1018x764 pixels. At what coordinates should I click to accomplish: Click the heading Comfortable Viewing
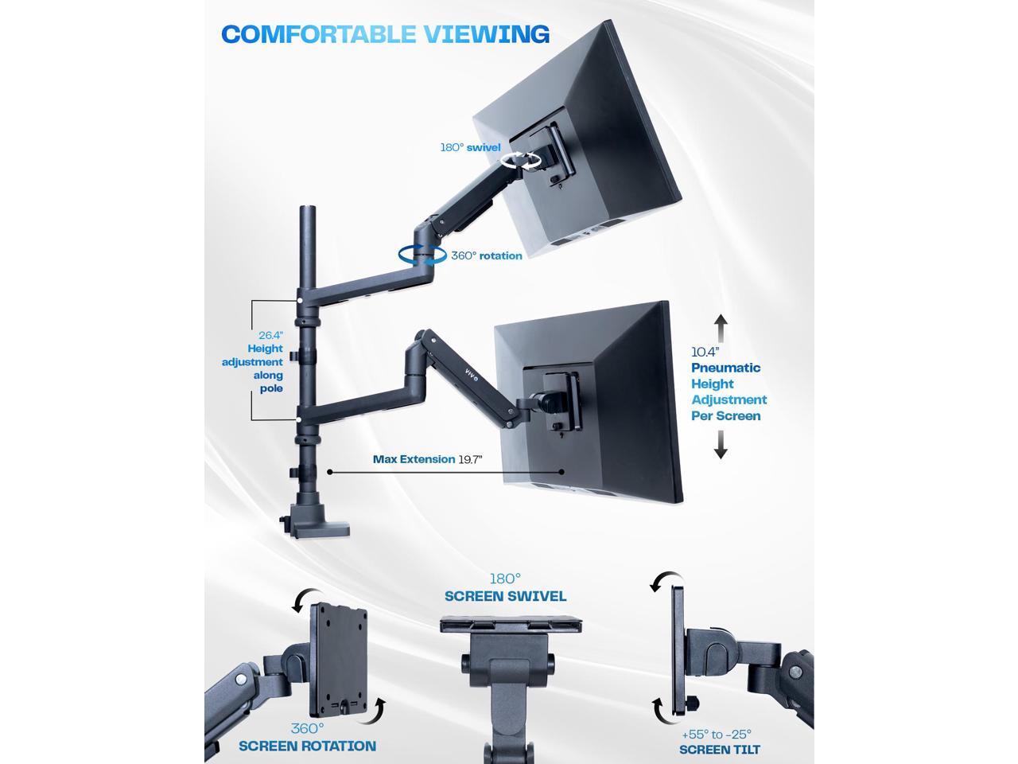point(385,34)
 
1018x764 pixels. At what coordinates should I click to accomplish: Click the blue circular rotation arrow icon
point(422,255)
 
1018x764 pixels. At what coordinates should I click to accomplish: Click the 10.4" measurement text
point(705,351)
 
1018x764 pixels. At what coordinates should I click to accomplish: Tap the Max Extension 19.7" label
point(427,459)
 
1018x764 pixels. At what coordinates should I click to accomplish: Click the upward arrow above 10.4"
point(721,327)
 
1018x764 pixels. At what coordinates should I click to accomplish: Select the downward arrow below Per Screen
point(721,445)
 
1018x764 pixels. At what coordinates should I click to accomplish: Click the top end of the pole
point(305,211)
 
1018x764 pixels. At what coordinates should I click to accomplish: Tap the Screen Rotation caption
point(307,746)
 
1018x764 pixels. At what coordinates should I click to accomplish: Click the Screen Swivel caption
point(505,596)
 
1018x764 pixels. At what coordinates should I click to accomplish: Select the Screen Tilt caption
point(719,750)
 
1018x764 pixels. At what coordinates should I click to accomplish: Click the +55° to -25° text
point(717,735)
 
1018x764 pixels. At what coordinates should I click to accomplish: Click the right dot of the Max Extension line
point(561,472)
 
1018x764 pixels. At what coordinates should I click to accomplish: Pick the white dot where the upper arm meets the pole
point(300,300)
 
